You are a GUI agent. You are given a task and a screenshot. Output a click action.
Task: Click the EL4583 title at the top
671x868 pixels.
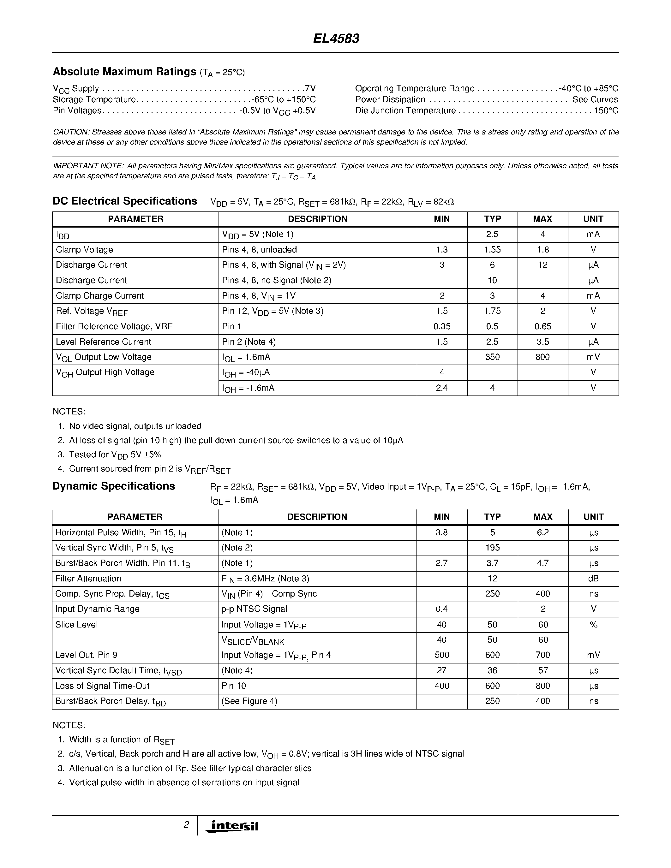click(x=336, y=39)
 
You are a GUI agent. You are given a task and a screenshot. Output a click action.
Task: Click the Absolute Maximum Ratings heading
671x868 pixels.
click(x=124, y=72)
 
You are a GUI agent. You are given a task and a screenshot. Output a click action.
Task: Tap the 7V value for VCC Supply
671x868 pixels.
click(x=310, y=88)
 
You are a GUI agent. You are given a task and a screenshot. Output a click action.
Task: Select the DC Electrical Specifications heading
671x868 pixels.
click(x=125, y=201)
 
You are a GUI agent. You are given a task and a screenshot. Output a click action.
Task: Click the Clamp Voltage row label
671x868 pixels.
click(x=84, y=250)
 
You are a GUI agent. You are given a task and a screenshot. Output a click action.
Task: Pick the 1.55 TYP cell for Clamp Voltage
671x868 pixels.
click(x=492, y=250)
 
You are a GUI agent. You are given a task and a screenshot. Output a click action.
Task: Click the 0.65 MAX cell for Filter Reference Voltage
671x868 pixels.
click(x=542, y=326)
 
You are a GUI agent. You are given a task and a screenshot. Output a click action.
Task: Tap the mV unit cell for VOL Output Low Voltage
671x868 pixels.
click(x=593, y=357)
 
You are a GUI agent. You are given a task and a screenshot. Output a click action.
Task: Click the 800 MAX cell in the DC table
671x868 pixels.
click(x=542, y=357)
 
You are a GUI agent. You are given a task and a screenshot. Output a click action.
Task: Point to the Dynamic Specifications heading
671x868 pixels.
click(x=114, y=486)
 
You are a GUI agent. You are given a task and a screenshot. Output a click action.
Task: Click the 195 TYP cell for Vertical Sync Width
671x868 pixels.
click(x=492, y=548)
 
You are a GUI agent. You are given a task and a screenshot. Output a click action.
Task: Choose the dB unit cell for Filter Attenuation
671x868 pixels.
click(x=593, y=579)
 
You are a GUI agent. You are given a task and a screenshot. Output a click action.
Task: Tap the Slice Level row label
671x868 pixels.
click(x=76, y=624)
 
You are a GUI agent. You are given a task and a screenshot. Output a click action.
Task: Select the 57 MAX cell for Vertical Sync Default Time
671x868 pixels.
click(x=542, y=670)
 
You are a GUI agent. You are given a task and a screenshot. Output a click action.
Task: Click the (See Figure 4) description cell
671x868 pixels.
click(x=249, y=701)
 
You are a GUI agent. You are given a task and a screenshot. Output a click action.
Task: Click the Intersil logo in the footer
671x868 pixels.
click(x=232, y=826)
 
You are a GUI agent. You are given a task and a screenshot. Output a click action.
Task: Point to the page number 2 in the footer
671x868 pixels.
click(x=186, y=825)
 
